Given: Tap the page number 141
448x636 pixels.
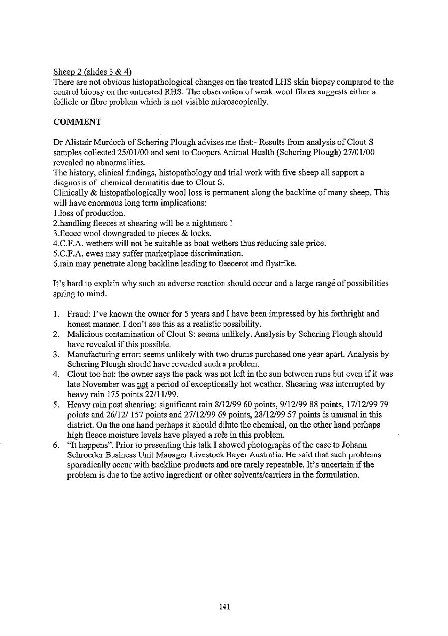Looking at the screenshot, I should coord(224,606).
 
